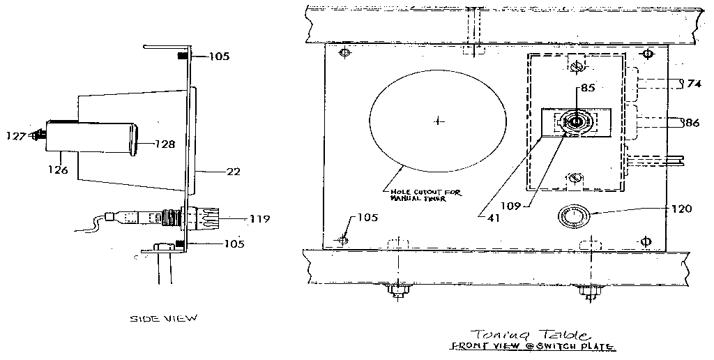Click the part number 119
259,218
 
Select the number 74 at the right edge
693,84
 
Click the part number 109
510,207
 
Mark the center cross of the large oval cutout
437,121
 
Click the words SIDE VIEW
164,318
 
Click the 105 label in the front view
367,218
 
